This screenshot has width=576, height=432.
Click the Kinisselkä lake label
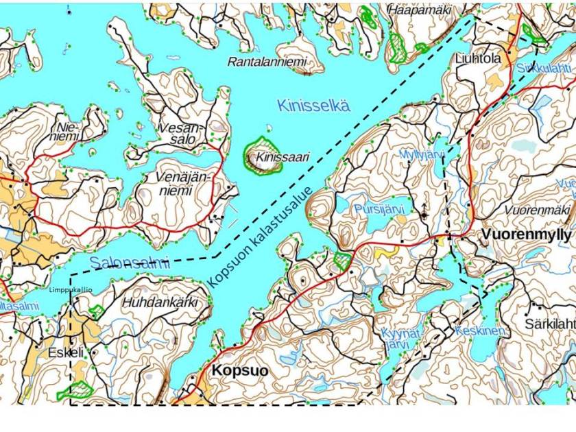(313, 106)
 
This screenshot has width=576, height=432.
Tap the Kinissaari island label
(283, 158)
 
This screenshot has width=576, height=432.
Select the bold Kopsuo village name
(240, 370)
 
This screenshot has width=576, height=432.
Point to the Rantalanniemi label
(267, 62)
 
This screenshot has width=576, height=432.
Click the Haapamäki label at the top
(420, 10)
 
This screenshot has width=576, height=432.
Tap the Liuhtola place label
(478, 59)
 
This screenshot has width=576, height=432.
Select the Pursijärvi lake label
(379, 207)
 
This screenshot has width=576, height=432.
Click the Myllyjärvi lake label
(422, 154)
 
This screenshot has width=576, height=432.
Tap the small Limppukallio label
(71, 290)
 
